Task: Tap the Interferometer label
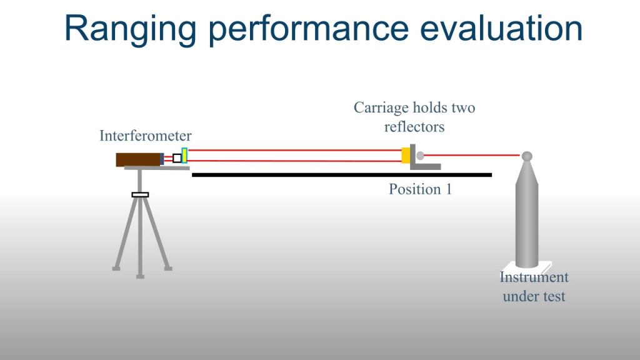pyautogui.click(x=145, y=136)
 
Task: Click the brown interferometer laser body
pyautogui.click(x=139, y=159)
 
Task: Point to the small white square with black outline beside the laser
pyautogui.click(x=177, y=158)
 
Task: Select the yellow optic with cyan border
pyautogui.click(x=184, y=156)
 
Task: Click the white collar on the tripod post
pyautogui.click(x=140, y=195)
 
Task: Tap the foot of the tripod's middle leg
pyautogui.click(x=140, y=276)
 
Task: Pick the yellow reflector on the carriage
pyautogui.click(x=406, y=155)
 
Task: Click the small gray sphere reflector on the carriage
pyautogui.click(x=420, y=156)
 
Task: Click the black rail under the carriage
pyautogui.click(x=342, y=175)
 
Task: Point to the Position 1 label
pyautogui.click(x=420, y=189)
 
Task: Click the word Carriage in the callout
pyautogui.click(x=381, y=108)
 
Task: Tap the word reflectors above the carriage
pyautogui.click(x=414, y=127)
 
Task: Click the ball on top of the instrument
pyautogui.click(x=527, y=156)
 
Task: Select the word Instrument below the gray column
pyautogui.click(x=534, y=277)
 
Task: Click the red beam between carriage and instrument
pyautogui.click(x=472, y=155)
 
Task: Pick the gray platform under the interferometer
pyautogui.click(x=157, y=167)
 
